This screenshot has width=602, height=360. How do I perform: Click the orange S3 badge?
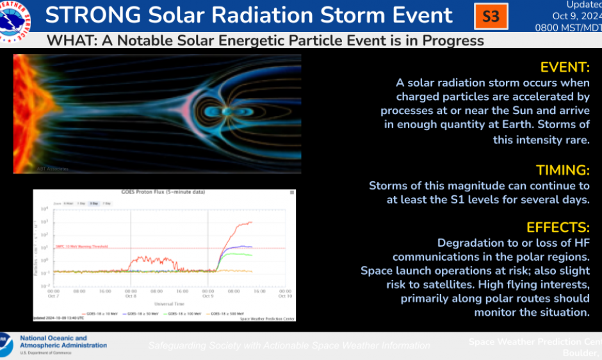[491, 16]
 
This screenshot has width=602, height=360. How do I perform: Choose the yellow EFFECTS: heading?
[557, 227]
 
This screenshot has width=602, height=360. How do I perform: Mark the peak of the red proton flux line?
[250, 222]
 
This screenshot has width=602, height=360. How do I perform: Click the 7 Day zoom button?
[106, 203]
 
